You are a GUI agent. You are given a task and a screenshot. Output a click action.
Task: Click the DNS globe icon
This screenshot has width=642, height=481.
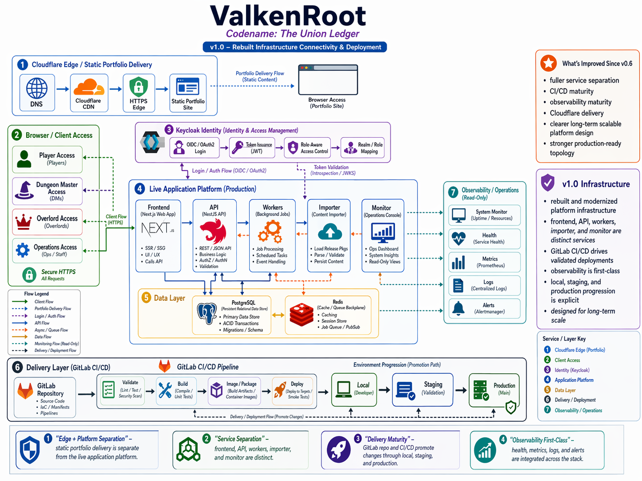coord(37,88)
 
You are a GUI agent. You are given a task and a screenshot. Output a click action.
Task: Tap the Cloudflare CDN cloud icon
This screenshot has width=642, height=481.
coord(89,87)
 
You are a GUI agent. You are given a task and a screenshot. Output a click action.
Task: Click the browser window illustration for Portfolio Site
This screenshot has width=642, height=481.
coord(328,80)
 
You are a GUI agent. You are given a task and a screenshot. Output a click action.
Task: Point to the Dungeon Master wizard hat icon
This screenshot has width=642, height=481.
coord(24,190)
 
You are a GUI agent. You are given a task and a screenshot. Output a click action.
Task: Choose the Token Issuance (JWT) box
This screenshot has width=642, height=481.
coord(252,148)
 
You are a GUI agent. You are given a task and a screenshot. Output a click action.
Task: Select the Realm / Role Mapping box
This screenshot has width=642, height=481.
coord(362,148)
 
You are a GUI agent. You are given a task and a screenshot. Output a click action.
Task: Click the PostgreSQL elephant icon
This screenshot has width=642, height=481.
coord(207,314)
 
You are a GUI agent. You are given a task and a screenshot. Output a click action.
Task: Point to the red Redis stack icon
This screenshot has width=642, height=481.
coord(301,314)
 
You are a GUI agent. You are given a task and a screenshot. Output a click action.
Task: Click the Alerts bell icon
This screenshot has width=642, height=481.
coord(458,308)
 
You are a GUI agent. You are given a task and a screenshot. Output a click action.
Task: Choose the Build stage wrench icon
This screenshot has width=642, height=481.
coord(165,390)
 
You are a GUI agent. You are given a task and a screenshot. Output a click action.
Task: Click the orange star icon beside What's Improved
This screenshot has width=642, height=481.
coord(548,63)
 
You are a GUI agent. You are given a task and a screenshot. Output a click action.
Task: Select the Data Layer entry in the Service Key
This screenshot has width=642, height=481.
coord(565,390)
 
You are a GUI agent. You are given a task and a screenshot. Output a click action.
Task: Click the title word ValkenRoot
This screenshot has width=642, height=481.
coord(288,16)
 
